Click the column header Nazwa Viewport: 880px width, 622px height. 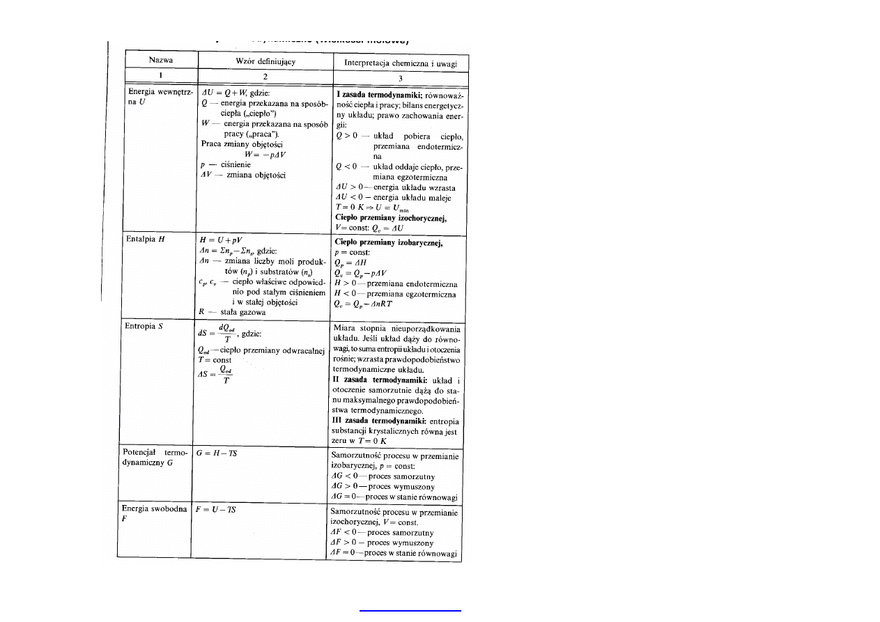coord(155,60)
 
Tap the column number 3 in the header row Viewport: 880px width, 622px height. coord(399,78)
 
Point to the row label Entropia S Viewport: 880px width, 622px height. coord(143,325)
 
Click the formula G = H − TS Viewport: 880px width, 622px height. coord(218,453)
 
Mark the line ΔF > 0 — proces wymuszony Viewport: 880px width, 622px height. coord(382,543)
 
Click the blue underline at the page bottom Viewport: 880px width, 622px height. coord(410,611)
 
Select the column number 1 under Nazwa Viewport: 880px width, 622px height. coord(155,77)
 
